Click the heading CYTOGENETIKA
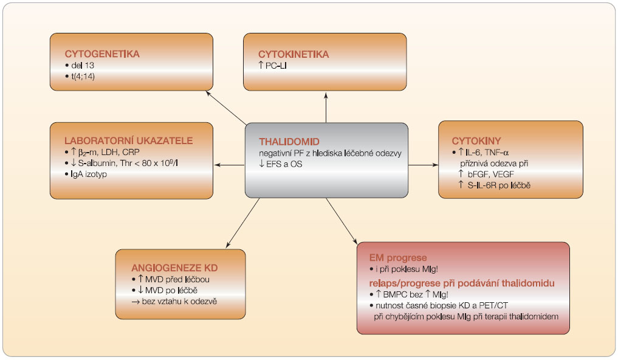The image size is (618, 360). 102,54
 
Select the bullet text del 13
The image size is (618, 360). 83,66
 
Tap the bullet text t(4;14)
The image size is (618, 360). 83,77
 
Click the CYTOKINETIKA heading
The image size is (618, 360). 294,54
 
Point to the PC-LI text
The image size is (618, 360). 276,66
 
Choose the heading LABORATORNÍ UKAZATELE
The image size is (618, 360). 129,140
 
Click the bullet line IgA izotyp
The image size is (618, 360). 89,175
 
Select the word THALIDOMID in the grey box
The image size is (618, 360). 289,142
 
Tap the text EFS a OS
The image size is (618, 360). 284,164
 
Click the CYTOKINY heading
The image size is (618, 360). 476,141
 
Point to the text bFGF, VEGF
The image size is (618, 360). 491,175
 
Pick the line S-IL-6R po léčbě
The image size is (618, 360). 499,185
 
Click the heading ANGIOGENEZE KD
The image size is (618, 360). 174,268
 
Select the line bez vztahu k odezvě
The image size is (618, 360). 179,302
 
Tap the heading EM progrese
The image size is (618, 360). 398,258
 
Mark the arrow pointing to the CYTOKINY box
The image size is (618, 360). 423,165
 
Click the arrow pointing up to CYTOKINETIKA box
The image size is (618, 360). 326,107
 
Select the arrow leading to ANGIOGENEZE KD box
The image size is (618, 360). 243,223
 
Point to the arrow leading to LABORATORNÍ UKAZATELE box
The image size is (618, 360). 229,165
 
